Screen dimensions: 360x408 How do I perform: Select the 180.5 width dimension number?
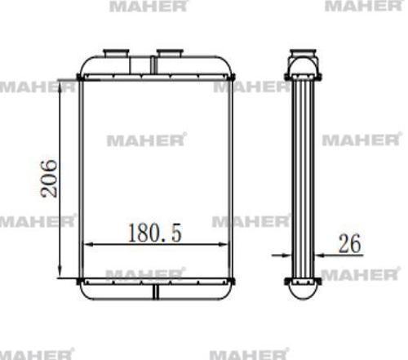click(154, 233)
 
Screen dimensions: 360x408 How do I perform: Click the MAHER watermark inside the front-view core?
click(146, 140)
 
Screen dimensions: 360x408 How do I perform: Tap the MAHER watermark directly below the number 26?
click(355, 274)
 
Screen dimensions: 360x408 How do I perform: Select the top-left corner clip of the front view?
click(79, 78)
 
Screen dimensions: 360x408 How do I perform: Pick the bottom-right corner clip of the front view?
click(232, 282)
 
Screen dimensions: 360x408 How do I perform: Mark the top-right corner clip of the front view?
click(232, 78)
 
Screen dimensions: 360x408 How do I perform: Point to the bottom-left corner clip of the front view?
click(79, 282)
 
